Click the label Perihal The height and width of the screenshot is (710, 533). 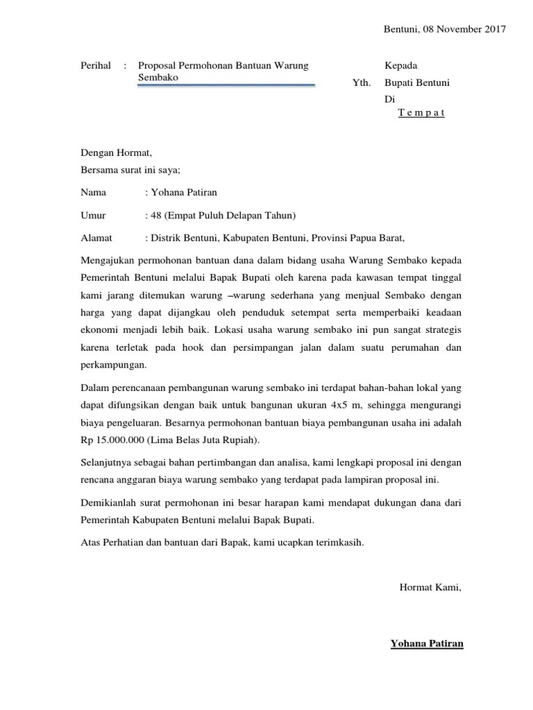[x=96, y=65]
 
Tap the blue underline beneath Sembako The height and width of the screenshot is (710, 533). [x=227, y=86]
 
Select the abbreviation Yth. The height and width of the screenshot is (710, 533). [x=362, y=83]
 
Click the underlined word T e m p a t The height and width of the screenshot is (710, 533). [x=421, y=112]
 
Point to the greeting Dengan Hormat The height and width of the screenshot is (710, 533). [x=116, y=153]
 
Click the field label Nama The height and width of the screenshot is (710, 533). [x=93, y=192]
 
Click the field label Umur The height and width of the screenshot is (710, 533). [x=94, y=215]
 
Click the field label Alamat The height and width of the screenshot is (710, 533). [x=96, y=238]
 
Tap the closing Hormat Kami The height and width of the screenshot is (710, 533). [x=430, y=587]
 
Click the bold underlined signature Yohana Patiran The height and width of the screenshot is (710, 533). [x=427, y=643]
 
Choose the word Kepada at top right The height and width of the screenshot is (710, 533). [x=401, y=65]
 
